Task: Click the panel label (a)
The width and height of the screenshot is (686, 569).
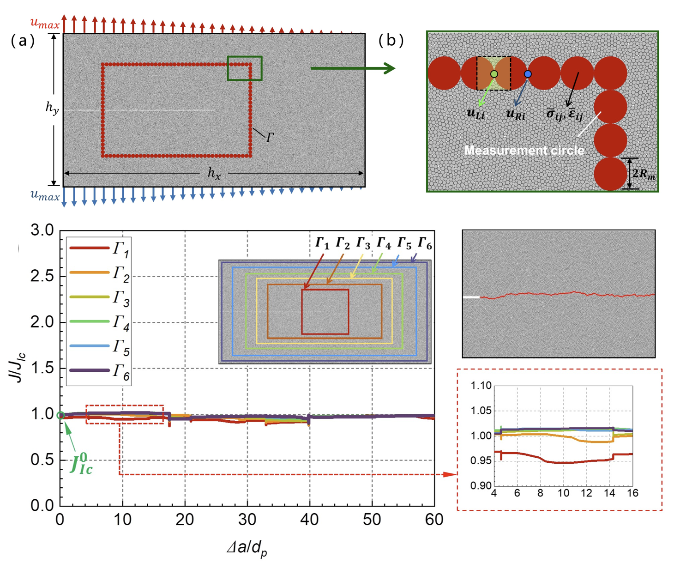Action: point(23,41)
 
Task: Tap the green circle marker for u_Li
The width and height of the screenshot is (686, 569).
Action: point(494,74)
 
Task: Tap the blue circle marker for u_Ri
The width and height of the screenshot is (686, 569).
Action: point(528,74)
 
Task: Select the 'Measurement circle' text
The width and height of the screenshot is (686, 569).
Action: point(524,150)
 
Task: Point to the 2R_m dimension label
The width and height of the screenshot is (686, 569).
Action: point(644,174)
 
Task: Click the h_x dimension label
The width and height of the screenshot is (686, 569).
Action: point(214,173)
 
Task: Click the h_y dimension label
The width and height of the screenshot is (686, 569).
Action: point(52,108)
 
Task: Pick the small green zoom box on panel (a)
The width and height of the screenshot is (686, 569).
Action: point(245,68)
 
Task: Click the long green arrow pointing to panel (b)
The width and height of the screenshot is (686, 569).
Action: point(353,68)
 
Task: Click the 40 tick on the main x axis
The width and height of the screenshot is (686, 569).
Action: point(309,520)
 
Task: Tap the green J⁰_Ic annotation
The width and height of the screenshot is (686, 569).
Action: point(81,464)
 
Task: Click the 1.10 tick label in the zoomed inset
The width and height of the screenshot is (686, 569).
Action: point(481,386)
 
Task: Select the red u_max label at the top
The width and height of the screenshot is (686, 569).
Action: point(45,23)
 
